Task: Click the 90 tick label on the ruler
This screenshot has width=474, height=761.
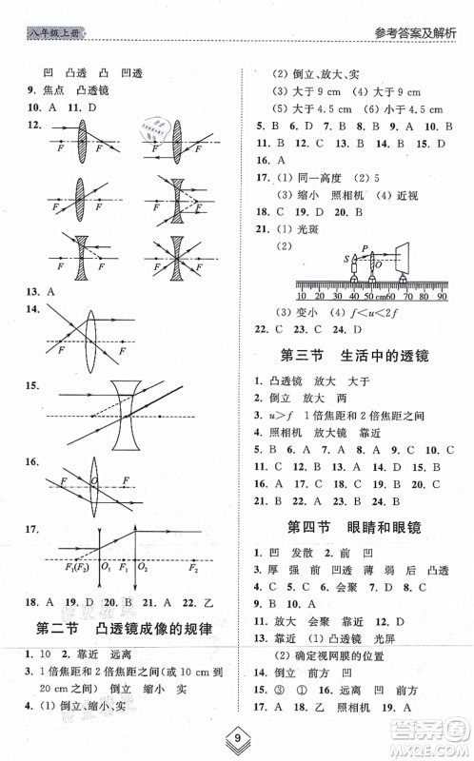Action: (x=441, y=296)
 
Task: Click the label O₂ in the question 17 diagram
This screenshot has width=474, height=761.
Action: (x=145, y=569)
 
